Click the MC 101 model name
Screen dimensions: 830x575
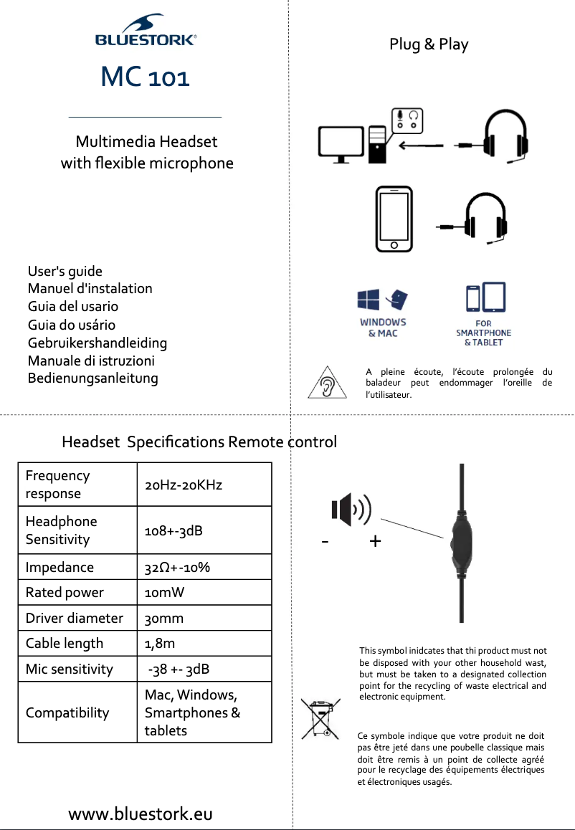146,77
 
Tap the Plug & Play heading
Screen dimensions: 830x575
429,44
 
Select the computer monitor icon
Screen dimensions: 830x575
341,144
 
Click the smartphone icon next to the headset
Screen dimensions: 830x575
394,219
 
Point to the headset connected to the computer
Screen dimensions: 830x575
505,137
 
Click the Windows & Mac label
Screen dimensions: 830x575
383,328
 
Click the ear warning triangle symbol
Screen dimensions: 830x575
327,383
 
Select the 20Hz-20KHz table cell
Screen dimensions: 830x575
184,485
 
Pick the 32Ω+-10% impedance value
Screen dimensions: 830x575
177,568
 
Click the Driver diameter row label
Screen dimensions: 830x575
75,618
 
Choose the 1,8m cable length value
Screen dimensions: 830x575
160,644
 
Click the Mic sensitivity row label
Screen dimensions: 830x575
70,669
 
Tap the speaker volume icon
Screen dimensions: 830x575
351,510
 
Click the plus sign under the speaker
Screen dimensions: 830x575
375,542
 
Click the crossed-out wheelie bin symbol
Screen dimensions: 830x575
320,718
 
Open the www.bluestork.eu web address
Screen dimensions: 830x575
141,814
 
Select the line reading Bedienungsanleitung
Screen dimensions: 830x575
92,378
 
